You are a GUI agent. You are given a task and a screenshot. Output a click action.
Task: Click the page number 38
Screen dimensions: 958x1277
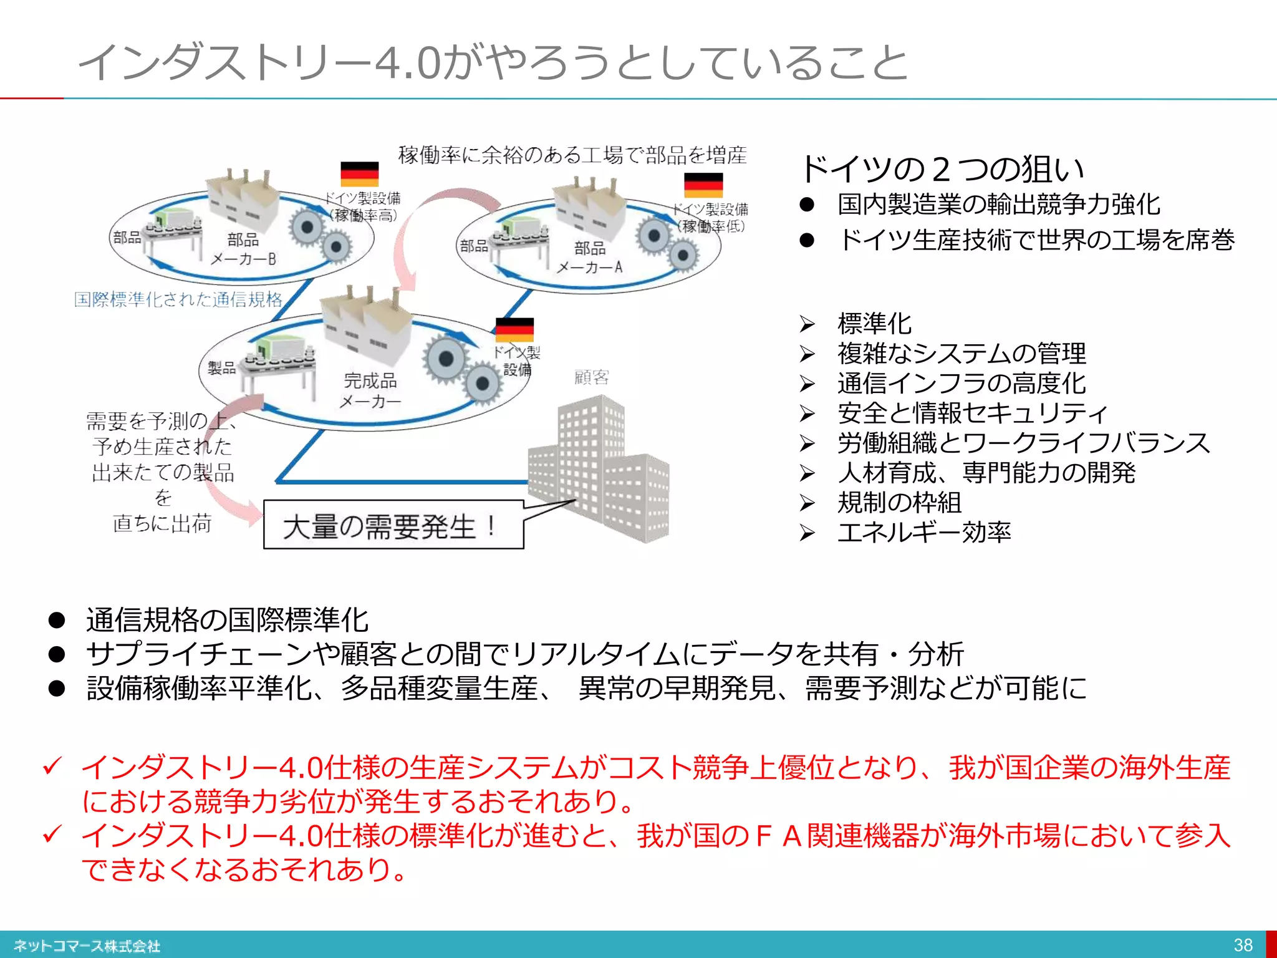click(1243, 945)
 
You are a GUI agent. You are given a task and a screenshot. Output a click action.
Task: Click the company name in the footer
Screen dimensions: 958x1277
click(87, 946)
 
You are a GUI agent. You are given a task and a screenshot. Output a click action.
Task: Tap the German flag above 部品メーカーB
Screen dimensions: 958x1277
click(359, 174)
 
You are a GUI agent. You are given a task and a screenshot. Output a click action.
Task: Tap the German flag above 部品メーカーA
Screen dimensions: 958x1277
click(703, 185)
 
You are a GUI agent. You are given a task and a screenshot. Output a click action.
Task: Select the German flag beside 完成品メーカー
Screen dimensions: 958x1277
click(514, 330)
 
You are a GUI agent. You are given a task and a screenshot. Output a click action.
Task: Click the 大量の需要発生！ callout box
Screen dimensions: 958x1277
click(393, 525)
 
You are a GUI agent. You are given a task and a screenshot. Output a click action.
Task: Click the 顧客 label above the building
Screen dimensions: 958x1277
click(591, 377)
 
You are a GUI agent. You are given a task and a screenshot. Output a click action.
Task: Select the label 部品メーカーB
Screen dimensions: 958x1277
click(243, 249)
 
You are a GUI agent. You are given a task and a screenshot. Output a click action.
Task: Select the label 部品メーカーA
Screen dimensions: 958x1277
click(590, 258)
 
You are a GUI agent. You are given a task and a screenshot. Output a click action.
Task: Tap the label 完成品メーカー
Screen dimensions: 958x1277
click(370, 390)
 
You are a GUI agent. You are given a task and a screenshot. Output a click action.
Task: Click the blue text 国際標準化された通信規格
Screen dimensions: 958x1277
click(178, 299)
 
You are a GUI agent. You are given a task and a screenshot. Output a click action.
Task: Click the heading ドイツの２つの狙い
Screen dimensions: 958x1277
click(942, 169)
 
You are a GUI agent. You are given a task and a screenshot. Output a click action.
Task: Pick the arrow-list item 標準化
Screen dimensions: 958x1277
click(874, 324)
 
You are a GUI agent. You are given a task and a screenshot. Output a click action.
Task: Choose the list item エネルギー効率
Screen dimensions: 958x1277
click(923, 532)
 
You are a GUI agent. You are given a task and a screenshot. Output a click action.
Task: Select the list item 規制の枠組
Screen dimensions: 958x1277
click(899, 502)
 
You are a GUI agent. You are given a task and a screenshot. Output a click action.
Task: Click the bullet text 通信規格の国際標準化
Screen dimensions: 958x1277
click(228, 620)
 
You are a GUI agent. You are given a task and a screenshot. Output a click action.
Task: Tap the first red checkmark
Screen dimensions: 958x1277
click(52, 766)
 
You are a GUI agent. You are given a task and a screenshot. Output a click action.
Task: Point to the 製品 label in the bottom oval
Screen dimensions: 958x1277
click(221, 368)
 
